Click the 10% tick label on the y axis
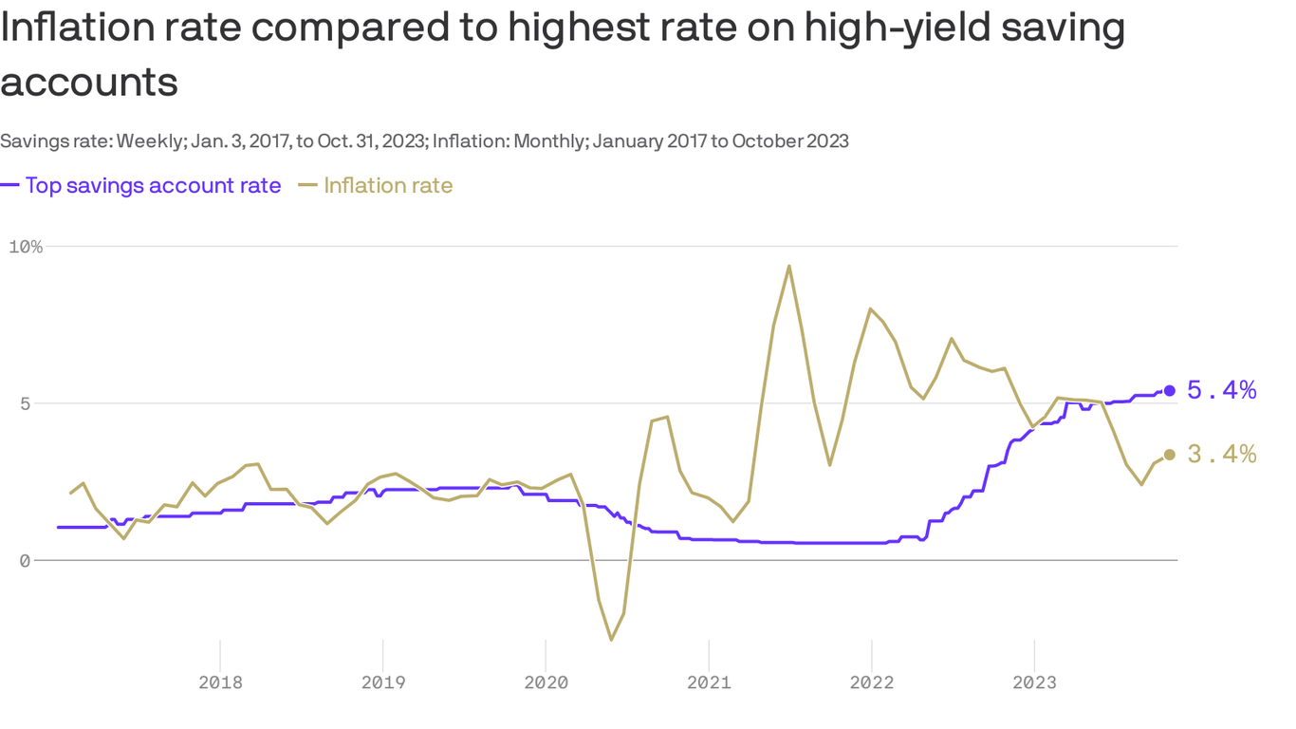click(x=26, y=247)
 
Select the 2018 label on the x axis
click(x=220, y=682)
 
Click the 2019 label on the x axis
click(x=382, y=682)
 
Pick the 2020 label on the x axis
click(x=546, y=682)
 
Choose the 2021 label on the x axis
click(x=709, y=682)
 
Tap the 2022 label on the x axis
click(x=871, y=682)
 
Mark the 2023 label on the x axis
click(x=1033, y=682)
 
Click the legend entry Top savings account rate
click(x=153, y=185)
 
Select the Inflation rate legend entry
click(x=388, y=185)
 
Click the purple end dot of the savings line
click(x=1170, y=390)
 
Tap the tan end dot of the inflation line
click(x=1170, y=455)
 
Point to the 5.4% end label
click(x=1222, y=390)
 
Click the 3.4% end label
click(x=1222, y=455)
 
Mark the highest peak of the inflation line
click(x=789, y=266)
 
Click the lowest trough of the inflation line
click(x=611, y=640)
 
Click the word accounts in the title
click(x=89, y=82)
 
